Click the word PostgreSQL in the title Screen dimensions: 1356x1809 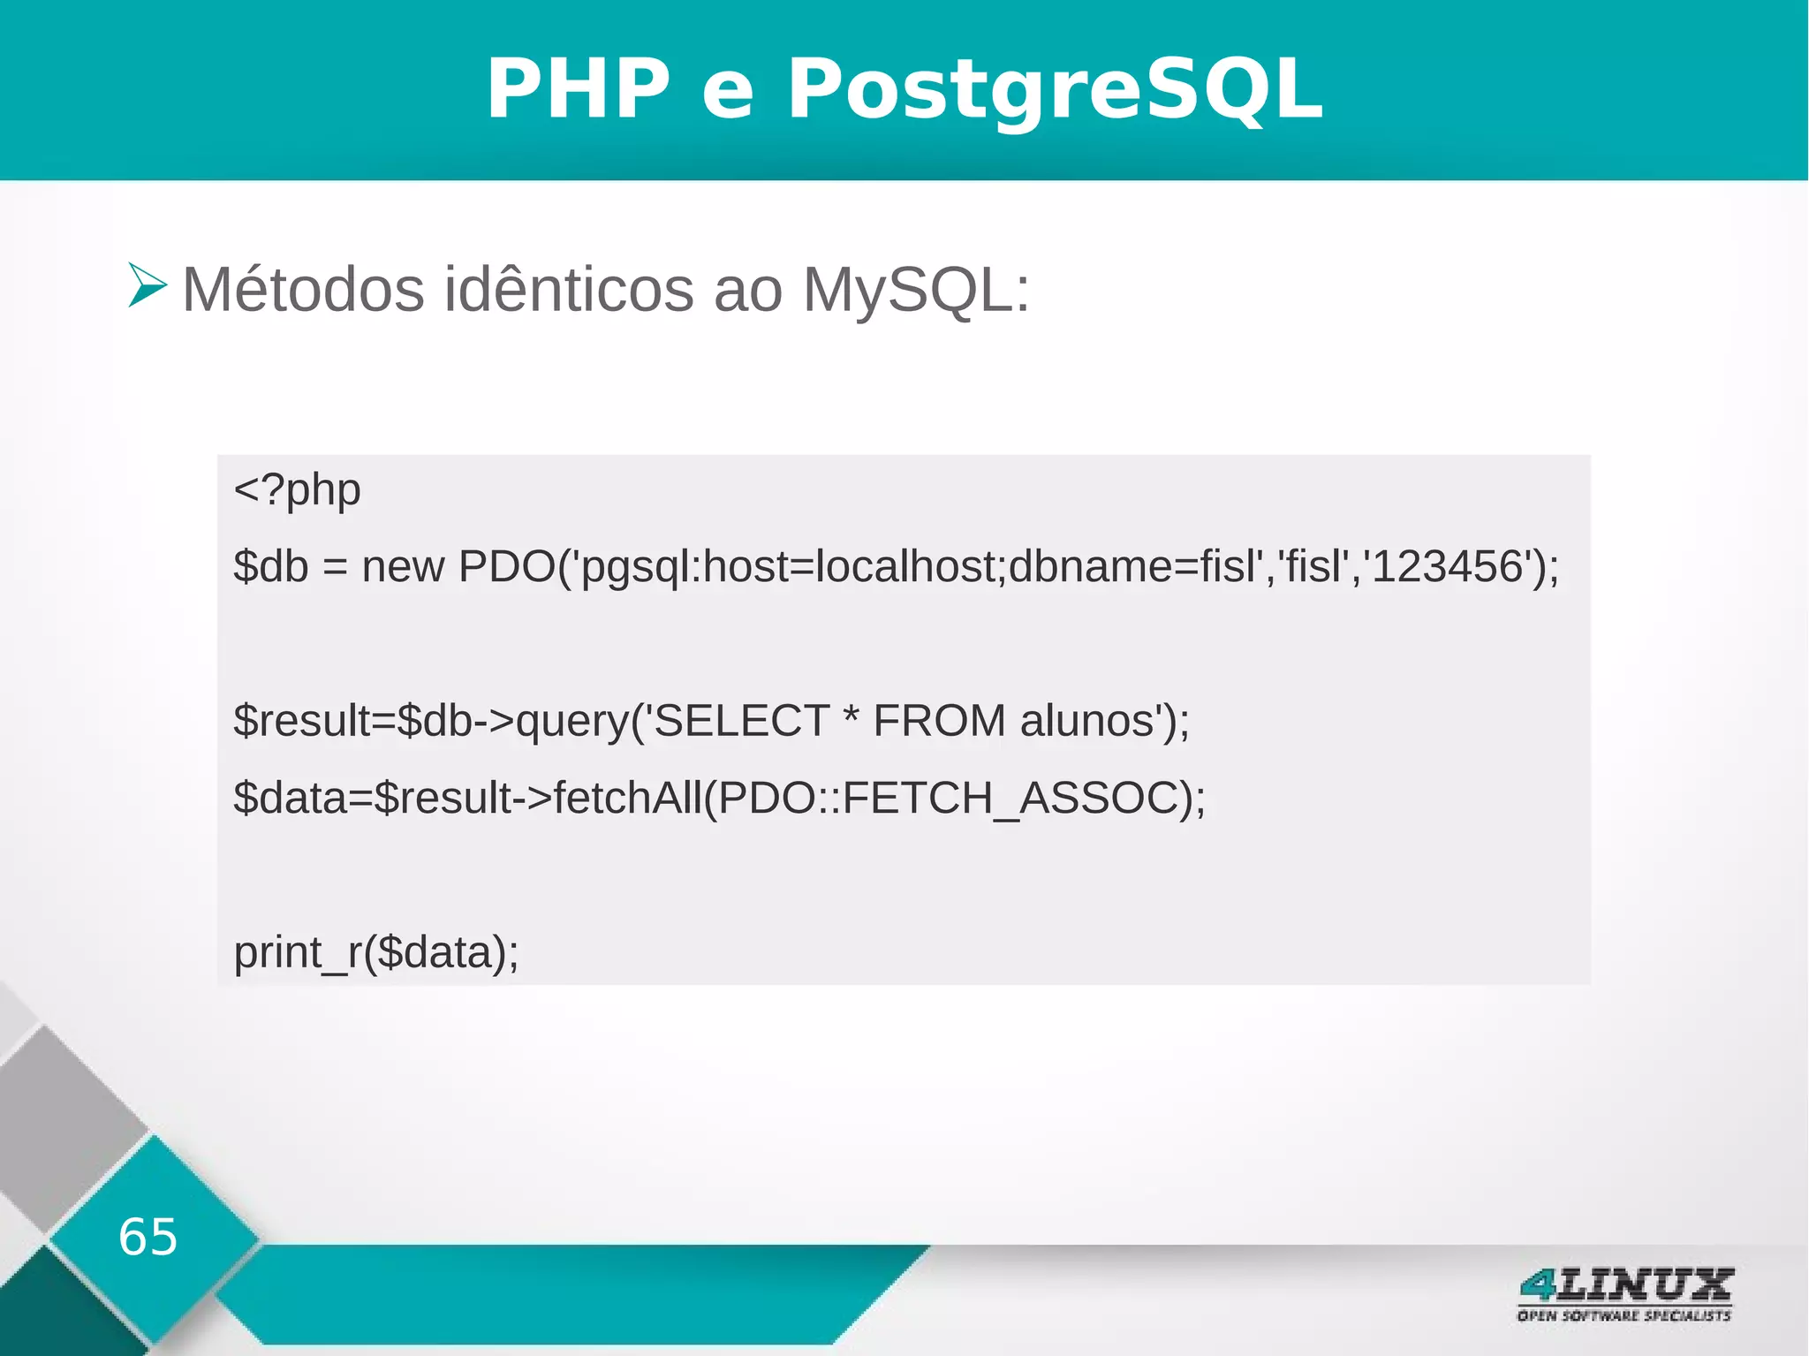click(1055, 88)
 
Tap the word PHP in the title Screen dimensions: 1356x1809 click(579, 88)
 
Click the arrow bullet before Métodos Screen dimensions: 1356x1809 click(147, 285)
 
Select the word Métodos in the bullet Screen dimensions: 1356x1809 click(303, 290)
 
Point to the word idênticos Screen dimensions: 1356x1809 click(568, 290)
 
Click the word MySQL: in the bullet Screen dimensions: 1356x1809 click(915, 290)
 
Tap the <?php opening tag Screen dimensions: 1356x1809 click(297, 490)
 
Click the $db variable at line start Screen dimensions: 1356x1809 click(270, 567)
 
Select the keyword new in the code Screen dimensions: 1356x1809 click(403, 567)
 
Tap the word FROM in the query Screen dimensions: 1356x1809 click(939, 721)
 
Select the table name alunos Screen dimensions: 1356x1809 click(1088, 721)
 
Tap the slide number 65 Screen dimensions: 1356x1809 click(148, 1237)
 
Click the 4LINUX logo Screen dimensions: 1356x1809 click(1625, 1285)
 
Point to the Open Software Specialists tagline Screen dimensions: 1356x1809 click(1624, 1315)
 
